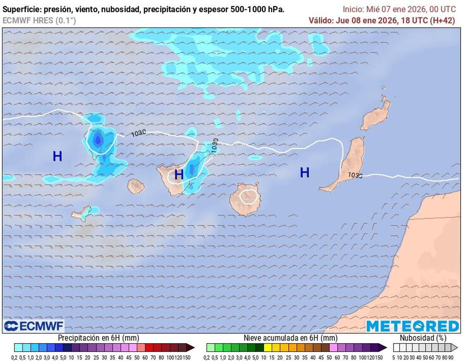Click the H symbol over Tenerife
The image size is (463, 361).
click(179, 174)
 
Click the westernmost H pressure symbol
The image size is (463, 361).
click(57, 156)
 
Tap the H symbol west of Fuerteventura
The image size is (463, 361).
click(305, 172)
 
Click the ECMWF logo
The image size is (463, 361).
click(34, 326)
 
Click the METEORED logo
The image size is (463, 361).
click(412, 326)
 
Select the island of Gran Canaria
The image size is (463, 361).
click(245, 199)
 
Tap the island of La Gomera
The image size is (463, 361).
click(136, 186)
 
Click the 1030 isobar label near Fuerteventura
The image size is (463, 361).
click(355, 175)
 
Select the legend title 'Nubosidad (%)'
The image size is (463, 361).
click(423, 338)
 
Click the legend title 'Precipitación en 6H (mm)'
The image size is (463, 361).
click(98, 338)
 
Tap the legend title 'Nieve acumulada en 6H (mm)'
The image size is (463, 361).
click(291, 338)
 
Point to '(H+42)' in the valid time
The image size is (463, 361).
click(442, 21)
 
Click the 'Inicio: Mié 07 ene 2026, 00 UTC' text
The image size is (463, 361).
click(399, 10)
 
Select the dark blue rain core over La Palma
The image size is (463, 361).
click(97, 140)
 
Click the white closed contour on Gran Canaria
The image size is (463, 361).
click(248, 197)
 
